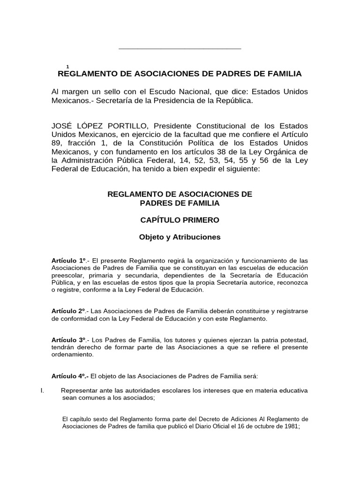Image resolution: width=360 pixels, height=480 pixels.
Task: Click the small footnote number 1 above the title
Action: click(x=68, y=67)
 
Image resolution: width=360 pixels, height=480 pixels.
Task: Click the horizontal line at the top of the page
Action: click(x=180, y=48)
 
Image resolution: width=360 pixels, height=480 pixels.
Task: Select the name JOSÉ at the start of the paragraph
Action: click(x=63, y=127)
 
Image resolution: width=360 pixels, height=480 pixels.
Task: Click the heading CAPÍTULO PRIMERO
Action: click(x=180, y=220)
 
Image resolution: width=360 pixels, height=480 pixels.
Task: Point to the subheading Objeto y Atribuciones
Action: click(x=180, y=237)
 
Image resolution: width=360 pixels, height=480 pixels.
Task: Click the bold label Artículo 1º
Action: click(x=68, y=260)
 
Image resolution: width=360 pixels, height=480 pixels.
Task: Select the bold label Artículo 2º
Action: click(x=68, y=311)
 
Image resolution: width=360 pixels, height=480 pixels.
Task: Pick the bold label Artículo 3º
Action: click(x=68, y=339)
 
